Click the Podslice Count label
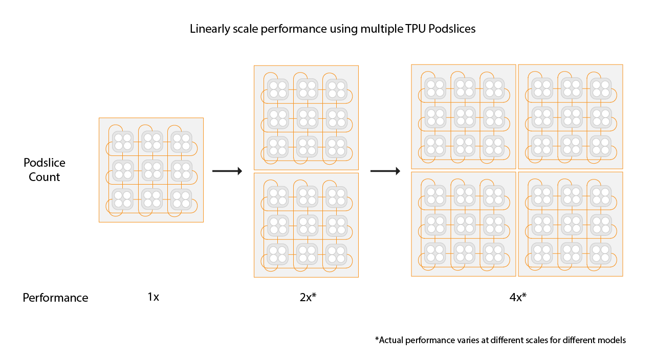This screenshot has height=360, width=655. (45, 170)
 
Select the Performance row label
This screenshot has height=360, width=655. (55, 298)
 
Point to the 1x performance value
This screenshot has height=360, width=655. (153, 297)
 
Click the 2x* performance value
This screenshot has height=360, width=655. (308, 297)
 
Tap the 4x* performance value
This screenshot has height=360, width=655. (518, 297)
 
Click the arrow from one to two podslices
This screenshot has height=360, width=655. (227, 171)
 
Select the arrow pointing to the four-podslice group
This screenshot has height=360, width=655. (385, 171)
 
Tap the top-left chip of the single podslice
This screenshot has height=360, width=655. (123, 141)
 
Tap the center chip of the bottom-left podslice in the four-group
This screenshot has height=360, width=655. (465, 224)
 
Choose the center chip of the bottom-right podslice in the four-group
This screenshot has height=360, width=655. (571, 224)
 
